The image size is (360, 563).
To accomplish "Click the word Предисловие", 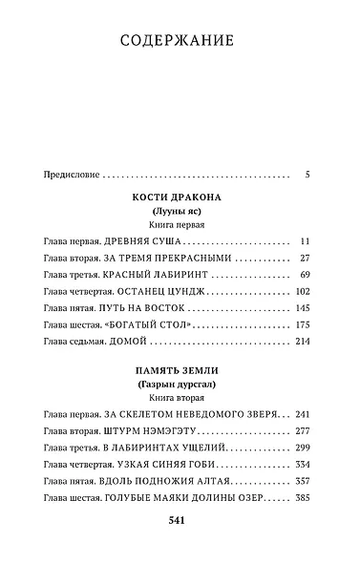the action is pyautogui.click(x=72, y=175).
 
